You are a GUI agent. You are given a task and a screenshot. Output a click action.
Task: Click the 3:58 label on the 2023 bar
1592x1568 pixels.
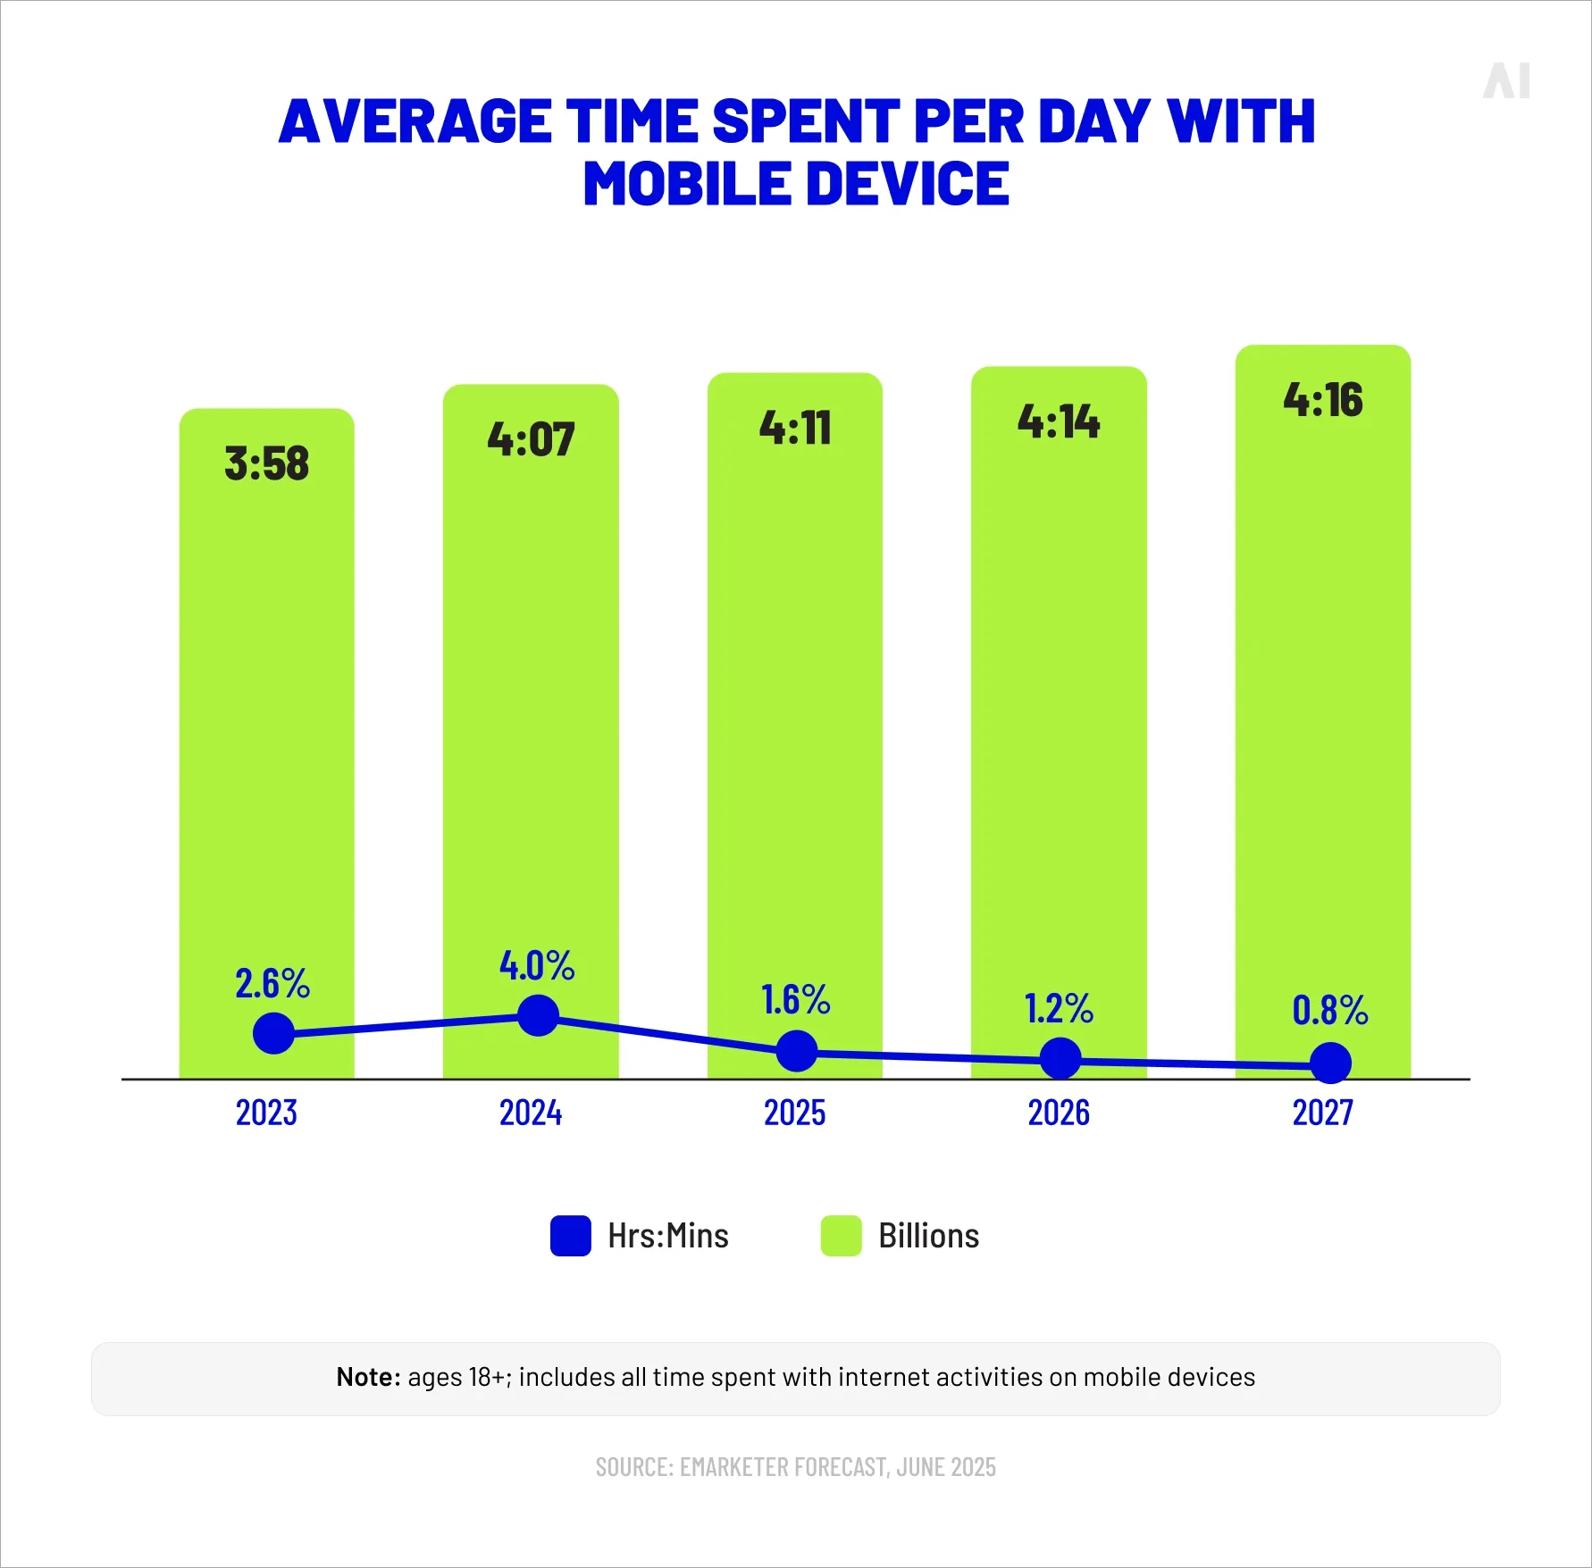click(266, 463)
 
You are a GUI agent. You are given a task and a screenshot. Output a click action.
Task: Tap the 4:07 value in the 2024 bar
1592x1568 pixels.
click(531, 439)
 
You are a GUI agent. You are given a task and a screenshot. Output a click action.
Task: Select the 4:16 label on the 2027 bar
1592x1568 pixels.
click(1323, 399)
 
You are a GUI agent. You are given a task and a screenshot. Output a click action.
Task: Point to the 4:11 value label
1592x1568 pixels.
click(795, 427)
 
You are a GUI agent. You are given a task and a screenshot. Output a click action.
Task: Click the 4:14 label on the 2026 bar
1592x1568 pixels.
click(1059, 421)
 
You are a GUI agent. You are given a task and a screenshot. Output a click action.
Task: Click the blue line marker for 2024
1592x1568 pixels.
click(538, 1016)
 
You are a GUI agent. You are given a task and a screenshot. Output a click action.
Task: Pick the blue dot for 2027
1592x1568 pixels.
click(1330, 1063)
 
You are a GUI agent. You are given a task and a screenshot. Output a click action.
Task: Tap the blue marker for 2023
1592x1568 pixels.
click(273, 1033)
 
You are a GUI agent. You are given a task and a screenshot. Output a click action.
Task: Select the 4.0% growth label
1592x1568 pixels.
click(537, 965)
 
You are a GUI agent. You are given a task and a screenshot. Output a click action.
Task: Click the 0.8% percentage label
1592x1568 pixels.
click(1330, 1010)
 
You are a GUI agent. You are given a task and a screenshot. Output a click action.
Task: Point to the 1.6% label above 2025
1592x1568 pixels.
click(795, 999)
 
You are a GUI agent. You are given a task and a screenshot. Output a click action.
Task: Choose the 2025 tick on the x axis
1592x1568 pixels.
click(794, 1113)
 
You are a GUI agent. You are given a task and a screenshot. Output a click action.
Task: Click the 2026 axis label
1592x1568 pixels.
click(1059, 1113)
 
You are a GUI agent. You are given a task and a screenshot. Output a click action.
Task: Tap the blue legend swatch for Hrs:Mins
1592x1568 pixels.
click(571, 1236)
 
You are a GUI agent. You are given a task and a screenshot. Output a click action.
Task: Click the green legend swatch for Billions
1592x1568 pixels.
click(841, 1236)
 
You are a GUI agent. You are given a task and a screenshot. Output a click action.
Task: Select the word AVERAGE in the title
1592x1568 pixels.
click(415, 121)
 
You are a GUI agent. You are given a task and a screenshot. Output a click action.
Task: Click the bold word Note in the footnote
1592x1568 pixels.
click(366, 1377)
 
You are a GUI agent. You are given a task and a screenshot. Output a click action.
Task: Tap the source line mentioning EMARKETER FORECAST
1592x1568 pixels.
click(795, 1467)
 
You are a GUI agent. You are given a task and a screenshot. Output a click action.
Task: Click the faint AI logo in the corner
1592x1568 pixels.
click(1506, 81)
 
